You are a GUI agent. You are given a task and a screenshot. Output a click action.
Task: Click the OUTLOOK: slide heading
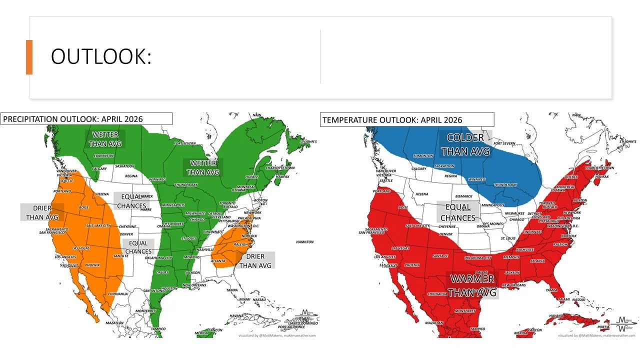click(x=100, y=57)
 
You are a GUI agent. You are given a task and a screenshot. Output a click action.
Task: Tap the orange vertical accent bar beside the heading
click(x=29, y=57)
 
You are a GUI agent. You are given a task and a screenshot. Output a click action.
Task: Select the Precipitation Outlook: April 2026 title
click(x=73, y=119)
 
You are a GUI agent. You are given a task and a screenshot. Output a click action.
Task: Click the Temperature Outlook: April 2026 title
click(x=392, y=120)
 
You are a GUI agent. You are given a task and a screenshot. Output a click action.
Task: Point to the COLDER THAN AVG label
click(x=465, y=144)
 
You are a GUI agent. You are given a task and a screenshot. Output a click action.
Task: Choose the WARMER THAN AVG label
click(x=472, y=285)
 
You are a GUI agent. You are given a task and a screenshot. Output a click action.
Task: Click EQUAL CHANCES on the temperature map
click(x=458, y=212)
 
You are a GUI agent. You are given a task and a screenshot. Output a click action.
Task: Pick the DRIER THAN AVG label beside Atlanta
click(x=255, y=260)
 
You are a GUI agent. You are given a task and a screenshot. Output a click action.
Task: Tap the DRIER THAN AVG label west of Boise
click(x=42, y=212)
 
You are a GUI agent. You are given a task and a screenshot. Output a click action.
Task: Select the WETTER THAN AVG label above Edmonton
click(x=104, y=139)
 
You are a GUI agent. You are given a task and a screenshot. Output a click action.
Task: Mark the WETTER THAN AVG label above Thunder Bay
click(x=203, y=167)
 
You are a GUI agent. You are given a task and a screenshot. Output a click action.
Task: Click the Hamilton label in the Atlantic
click(x=305, y=241)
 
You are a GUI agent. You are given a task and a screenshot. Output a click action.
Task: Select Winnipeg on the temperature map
click(x=477, y=179)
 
